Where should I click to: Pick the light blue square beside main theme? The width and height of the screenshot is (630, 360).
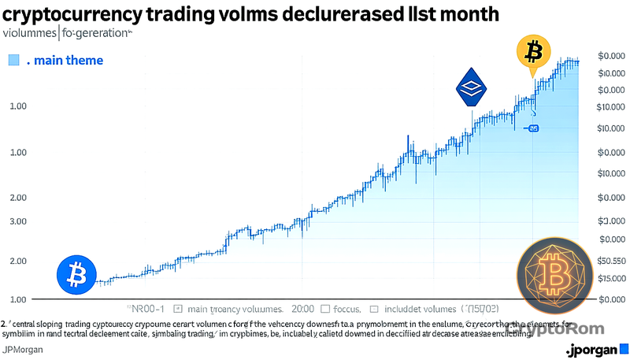click(x=13, y=61)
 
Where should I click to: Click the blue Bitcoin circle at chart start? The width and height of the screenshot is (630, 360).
click(x=76, y=276)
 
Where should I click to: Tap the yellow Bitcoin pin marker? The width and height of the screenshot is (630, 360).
click(x=534, y=53)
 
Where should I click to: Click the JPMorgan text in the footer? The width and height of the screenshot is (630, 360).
click(x=23, y=349)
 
